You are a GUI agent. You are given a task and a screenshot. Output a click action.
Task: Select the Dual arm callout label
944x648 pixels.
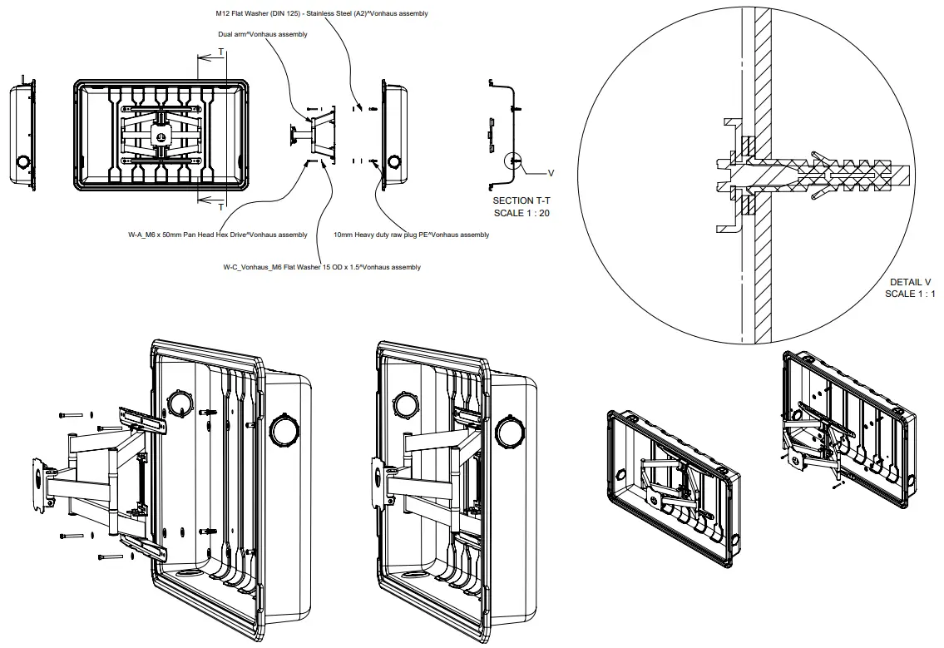262,34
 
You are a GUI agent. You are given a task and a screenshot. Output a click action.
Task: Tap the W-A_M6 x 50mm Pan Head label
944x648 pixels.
217,235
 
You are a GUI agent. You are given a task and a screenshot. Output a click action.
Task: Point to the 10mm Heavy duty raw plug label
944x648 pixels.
411,235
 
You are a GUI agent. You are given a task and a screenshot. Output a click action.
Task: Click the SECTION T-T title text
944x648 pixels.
521,200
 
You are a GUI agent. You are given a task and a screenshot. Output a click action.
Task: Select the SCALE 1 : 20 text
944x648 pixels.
521,213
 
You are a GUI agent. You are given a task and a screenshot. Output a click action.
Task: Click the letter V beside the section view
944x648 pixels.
550,173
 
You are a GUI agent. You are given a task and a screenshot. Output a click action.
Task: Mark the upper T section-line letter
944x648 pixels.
220,52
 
